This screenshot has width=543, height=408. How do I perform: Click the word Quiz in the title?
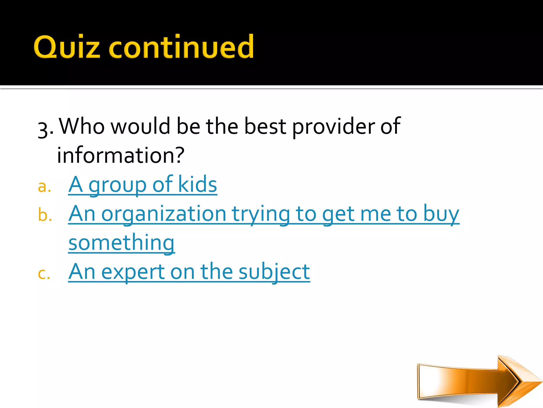(x=67, y=47)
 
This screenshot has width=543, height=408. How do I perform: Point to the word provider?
(x=333, y=127)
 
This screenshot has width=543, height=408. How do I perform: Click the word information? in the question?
(x=121, y=155)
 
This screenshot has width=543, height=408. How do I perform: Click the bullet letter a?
(x=44, y=186)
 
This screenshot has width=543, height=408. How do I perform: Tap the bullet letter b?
(x=45, y=215)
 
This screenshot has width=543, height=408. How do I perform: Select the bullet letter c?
(x=44, y=273)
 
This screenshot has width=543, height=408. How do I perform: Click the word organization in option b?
(x=164, y=214)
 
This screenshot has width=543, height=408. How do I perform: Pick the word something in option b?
(x=121, y=243)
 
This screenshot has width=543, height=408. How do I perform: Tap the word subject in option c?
(x=274, y=272)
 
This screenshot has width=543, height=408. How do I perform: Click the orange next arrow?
(x=477, y=381)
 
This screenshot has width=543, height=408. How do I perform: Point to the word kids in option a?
(x=198, y=185)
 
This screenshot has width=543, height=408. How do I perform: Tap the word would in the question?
(x=140, y=126)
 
